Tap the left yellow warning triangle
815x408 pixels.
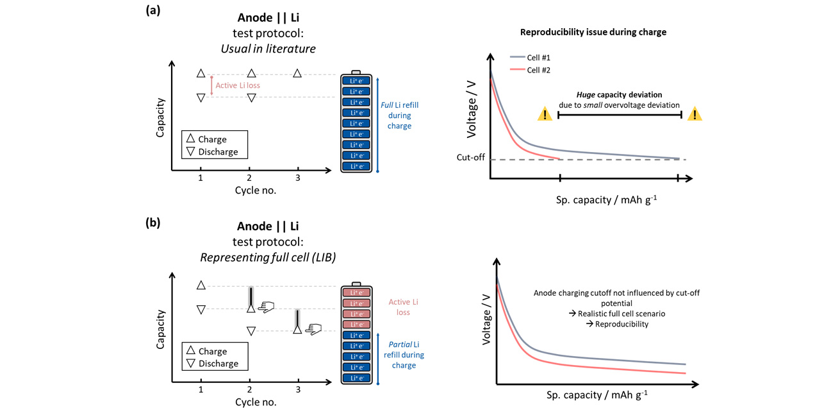tap(545, 114)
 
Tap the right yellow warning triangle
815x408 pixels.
tap(695, 114)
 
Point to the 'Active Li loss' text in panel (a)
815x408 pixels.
tap(238, 85)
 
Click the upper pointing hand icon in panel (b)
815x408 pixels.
tap(265, 307)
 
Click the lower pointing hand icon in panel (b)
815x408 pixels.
tap(313, 329)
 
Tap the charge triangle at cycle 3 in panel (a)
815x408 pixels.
tap(297, 74)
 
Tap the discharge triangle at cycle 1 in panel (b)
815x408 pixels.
tap(201, 310)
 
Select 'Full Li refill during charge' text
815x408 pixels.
tap(399, 115)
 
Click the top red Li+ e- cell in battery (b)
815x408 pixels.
tap(356, 292)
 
